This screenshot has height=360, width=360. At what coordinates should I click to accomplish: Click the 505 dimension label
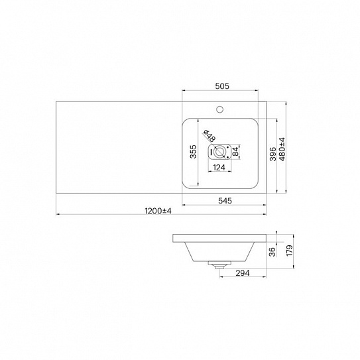coord(222,86)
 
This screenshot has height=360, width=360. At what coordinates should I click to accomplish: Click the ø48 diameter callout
coord(207,137)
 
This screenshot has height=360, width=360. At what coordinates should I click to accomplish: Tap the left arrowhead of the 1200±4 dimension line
coord(58,215)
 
